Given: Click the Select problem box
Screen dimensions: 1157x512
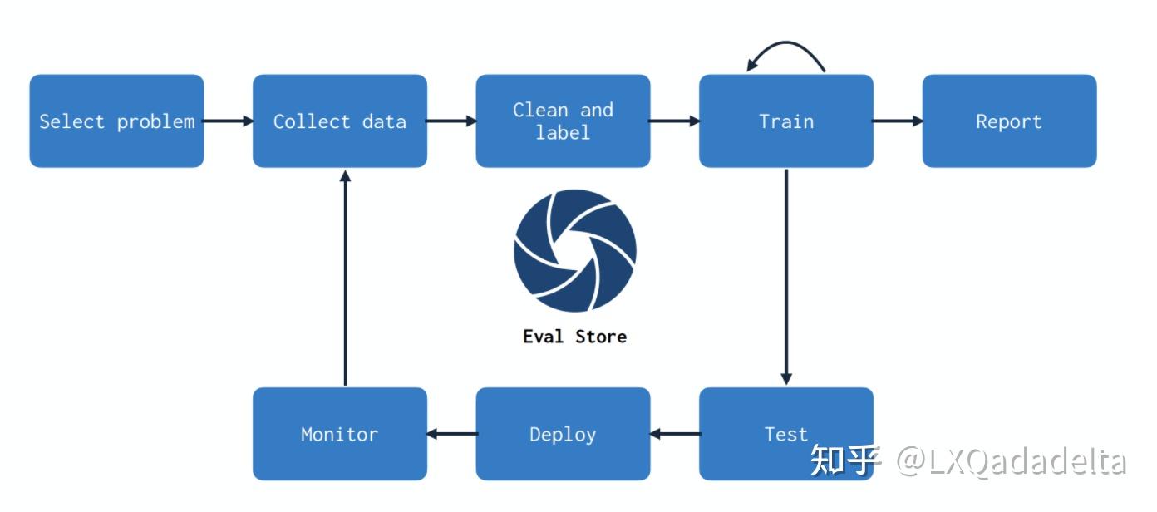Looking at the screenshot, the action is click(x=116, y=121).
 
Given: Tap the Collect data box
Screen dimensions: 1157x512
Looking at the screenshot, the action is click(x=340, y=121).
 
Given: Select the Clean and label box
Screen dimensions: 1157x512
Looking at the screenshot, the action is click(x=563, y=121).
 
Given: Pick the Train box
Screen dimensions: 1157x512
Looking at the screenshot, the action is click(x=786, y=121).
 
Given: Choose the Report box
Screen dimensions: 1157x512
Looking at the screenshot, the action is click(x=1009, y=121).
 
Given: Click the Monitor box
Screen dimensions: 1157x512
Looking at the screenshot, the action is click(x=340, y=434).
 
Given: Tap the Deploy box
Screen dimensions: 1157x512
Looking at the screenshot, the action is click(x=563, y=434).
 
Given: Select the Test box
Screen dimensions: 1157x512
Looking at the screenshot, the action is click(x=786, y=434).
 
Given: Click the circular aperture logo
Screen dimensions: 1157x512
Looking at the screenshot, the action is click(x=575, y=250).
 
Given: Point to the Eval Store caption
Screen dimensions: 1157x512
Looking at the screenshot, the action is click(x=575, y=337).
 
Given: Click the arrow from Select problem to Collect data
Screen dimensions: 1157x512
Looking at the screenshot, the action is click(x=229, y=121).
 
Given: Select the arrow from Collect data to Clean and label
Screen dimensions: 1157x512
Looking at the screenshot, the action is click(x=451, y=121).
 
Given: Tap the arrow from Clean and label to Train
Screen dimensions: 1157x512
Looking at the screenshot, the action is click(x=675, y=121).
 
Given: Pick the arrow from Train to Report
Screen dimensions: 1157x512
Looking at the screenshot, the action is click(x=898, y=121).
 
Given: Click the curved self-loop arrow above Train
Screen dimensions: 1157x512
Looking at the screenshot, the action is click(x=786, y=42).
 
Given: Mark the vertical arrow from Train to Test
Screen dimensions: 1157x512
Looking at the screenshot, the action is click(x=786, y=277).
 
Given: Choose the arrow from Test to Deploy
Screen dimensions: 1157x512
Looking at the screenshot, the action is click(x=675, y=434).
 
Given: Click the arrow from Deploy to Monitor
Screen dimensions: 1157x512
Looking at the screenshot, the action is click(x=451, y=434).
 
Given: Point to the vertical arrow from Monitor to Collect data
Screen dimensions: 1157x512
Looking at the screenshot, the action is click(x=346, y=278).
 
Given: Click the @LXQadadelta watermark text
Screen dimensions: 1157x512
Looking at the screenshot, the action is click(x=1011, y=461).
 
